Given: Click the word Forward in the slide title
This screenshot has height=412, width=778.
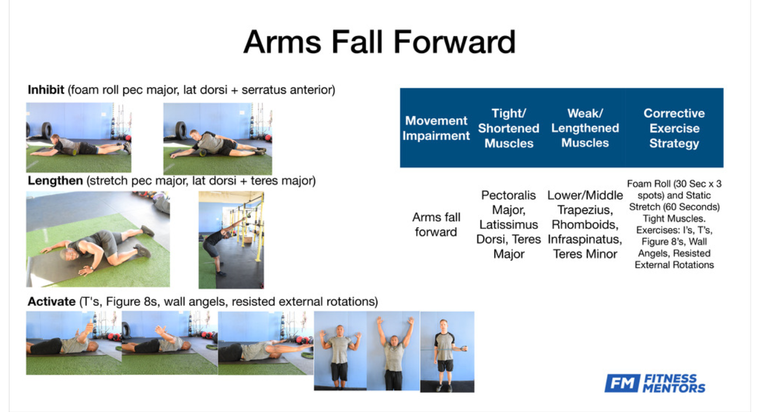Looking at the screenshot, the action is click(454, 42).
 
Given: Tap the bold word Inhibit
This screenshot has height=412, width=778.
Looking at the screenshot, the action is click(46, 90).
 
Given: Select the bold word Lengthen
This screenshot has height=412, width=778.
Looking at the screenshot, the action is click(55, 181).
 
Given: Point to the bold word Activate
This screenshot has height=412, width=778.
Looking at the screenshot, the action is click(51, 301).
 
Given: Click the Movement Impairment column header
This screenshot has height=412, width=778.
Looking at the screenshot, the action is click(436, 128).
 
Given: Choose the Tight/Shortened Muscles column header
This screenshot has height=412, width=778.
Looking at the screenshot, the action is click(508, 128).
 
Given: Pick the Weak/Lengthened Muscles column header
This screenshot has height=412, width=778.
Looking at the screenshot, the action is click(585, 128).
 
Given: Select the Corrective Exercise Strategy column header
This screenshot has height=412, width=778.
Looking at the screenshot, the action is click(674, 128).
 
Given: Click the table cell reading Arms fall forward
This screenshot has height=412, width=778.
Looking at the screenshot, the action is click(436, 224).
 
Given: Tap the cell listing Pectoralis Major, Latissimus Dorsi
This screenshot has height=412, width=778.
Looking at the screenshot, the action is click(508, 224).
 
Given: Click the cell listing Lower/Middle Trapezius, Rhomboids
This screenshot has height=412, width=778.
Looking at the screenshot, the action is click(585, 224).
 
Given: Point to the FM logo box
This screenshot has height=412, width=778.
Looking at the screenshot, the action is click(622, 383).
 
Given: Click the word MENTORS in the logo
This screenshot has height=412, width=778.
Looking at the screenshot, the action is click(674, 388).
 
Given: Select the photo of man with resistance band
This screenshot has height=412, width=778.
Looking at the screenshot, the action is click(447, 351).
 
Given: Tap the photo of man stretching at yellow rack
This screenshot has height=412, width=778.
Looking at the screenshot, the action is click(231, 240).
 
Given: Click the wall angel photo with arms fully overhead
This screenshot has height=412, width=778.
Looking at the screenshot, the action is click(393, 351).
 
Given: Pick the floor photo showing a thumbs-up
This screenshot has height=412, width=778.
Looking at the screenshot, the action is click(74, 343).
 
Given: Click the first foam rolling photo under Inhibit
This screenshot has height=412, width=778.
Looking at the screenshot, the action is click(78, 138).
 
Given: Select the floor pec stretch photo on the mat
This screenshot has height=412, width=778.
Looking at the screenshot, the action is click(98, 239).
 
